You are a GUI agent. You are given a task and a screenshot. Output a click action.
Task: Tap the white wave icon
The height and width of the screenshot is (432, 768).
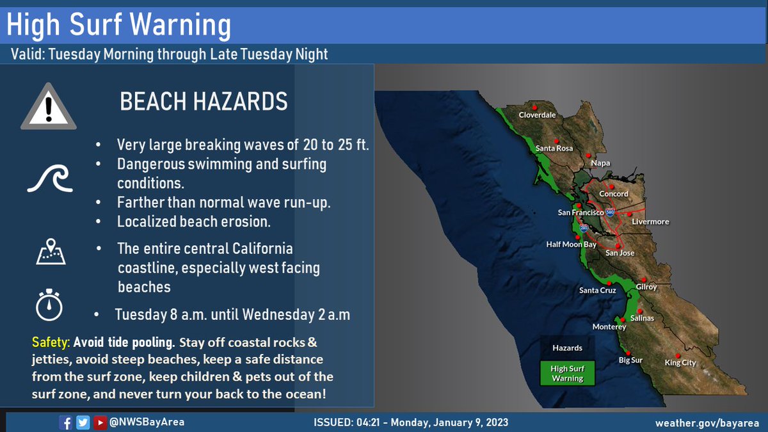tap(50, 178)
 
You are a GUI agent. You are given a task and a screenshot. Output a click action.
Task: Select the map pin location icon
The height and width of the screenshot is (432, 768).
tap(50, 252)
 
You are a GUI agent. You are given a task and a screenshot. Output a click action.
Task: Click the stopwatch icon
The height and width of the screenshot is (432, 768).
tap(49, 305)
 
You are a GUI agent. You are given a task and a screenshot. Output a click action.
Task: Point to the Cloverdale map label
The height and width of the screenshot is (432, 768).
tap(537, 115)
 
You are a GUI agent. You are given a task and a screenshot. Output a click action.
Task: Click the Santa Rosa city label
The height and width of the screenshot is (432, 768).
tap(554, 148)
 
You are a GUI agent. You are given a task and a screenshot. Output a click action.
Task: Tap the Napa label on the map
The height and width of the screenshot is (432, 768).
tap(600, 163)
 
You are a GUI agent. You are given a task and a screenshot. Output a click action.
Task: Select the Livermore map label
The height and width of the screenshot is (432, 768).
tap(650, 221)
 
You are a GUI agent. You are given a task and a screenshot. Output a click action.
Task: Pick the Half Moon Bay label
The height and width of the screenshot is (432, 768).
tap(571, 244)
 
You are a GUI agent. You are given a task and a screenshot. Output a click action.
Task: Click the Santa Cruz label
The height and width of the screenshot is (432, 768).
tap(597, 291)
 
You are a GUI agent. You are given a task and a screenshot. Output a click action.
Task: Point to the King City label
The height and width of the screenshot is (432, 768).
tap(680, 363)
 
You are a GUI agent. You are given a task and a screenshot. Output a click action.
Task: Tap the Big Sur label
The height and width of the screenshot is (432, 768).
tap(630, 360)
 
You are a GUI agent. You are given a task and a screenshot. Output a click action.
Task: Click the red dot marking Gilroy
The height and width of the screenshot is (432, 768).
tap(643, 280)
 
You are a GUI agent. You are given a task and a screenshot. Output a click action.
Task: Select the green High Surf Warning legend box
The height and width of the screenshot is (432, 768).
tap(568, 373)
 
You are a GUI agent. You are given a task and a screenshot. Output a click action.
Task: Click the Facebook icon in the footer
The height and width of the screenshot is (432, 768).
tap(65, 422)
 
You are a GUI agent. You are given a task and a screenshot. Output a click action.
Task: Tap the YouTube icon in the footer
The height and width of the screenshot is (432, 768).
tap(100, 422)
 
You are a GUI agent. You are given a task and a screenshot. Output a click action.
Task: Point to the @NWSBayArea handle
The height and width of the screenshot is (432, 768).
tap(147, 422)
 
